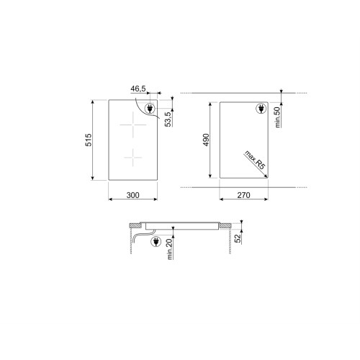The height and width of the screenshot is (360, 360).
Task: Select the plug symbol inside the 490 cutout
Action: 259,109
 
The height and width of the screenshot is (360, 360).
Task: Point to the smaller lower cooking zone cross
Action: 132,155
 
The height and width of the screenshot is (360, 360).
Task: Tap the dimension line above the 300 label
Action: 133,186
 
